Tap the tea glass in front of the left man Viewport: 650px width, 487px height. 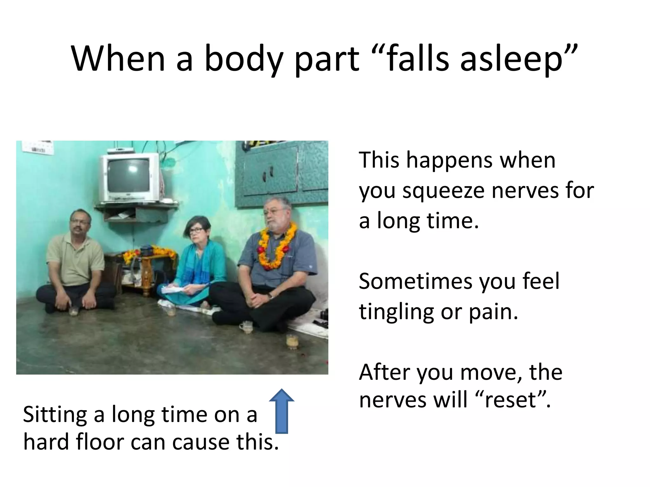pos(74,311)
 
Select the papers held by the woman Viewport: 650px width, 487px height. pos(173,289)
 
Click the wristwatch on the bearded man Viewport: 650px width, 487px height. pos(270,296)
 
